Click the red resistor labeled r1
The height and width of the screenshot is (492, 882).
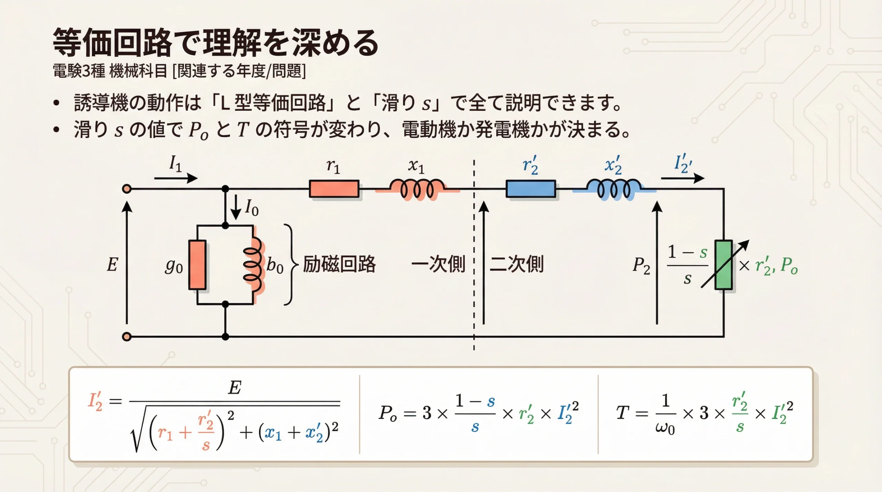[334, 189]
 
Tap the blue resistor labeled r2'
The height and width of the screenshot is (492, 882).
[531, 189]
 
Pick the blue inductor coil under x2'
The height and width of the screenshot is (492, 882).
[614, 189]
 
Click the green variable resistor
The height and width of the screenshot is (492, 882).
[724, 264]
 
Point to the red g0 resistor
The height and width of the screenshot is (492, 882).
[197, 264]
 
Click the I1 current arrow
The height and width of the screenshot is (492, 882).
[176, 178]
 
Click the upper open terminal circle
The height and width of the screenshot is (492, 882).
[127, 189]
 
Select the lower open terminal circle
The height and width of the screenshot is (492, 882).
[127, 336]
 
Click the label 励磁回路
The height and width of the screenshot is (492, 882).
[339, 264]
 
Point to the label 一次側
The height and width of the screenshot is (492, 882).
[438, 264]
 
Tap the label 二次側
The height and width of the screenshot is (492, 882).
[516, 264]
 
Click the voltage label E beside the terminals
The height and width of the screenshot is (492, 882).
[112, 264]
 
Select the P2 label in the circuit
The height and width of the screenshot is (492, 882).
[641, 266]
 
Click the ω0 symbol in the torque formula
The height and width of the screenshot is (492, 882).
[665, 428]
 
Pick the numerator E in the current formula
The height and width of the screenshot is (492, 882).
[235, 388]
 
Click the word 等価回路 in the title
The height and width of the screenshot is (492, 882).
[112, 43]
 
